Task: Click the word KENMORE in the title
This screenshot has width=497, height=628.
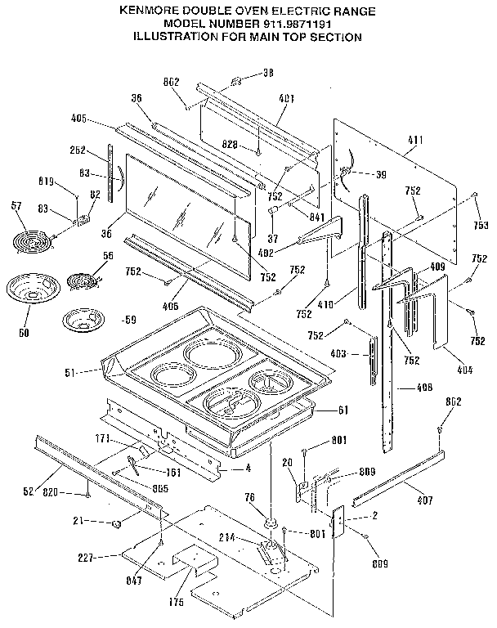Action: [150, 11]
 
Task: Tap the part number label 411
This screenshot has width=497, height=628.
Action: [415, 141]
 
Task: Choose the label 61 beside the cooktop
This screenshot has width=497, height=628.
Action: [344, 410]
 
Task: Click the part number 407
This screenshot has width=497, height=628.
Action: [424, 500]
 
